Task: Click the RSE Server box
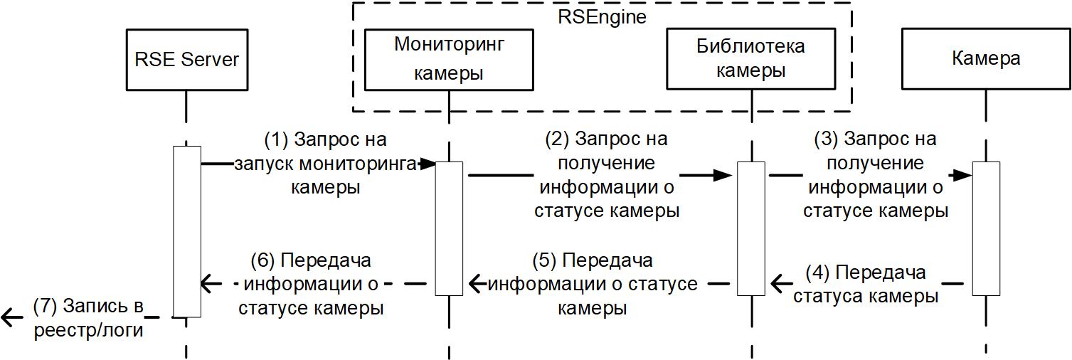[186, 60]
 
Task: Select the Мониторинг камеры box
[449, 60]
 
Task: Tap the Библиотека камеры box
[750, 60]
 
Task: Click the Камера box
[985, 60]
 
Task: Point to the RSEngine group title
[602, 17]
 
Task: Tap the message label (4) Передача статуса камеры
[866, 285]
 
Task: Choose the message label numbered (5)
[593, 285]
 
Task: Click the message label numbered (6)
[312, 285]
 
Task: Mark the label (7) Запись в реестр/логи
[87, 318]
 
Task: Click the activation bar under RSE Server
[186, 231]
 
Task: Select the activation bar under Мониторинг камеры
[449, 228]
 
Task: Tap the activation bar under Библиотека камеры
[750, 228]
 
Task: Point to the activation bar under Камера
[986, 228]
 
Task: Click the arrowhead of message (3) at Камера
[965, 174]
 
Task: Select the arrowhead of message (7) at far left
[9, 317]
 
